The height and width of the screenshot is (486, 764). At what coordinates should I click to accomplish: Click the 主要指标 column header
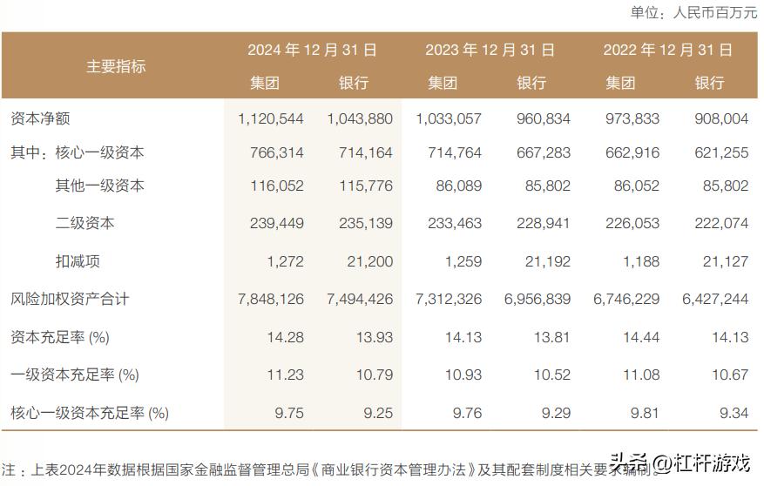click(x=116, y=66)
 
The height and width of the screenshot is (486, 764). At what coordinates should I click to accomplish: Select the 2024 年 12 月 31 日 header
click(x=312, y=50)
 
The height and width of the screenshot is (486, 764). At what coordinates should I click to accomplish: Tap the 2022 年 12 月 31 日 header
click(x=667, y=50)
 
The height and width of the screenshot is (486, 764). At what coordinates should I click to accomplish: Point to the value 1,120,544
click(x=270, y=118)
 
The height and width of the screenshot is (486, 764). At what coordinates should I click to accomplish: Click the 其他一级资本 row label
click(x=100, y=186)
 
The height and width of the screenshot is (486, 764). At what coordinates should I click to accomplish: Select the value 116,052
click(x=276, y=186)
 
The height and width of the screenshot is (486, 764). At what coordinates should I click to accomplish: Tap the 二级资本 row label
click(x=85, y=223)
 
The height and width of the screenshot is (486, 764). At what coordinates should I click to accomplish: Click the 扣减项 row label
click(x=77, y=260)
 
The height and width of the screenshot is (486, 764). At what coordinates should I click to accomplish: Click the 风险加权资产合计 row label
click(x=70, y=299)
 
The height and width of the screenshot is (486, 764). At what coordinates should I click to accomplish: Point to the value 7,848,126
click(x=270, y=300)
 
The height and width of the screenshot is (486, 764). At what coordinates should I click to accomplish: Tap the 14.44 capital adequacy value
click(x=642, y=337)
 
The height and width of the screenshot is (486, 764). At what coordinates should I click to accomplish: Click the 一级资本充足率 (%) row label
click(x=75, y=375)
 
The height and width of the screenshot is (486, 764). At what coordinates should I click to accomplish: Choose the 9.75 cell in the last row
click(x=287, y=413)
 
